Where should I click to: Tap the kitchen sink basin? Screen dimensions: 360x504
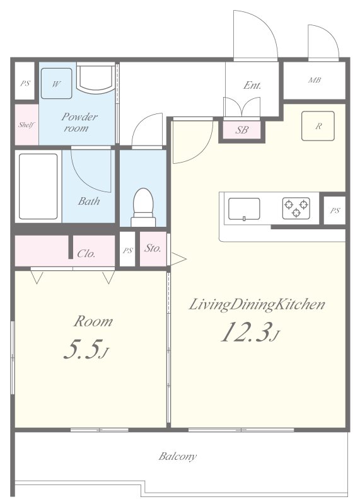point(244,209)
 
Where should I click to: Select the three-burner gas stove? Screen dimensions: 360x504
point(296,209)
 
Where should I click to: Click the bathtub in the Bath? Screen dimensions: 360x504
point(38,186)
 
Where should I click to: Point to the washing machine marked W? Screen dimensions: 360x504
point(56,84)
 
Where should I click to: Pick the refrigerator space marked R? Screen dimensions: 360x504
point(318,126)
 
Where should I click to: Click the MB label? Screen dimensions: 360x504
point(315,80)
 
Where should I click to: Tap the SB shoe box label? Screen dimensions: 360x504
point(241,130)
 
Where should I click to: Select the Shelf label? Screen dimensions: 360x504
point(26,125)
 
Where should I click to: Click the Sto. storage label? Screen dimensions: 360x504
point(153,248)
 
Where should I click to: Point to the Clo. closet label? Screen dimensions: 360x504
point(86,254)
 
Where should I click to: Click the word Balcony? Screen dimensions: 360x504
point(177,456)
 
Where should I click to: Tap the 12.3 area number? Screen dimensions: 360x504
point(245,332)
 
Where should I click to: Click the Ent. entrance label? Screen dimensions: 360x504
point(252,85)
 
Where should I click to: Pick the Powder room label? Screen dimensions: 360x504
point(79,122)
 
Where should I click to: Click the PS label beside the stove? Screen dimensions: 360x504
point(335,211)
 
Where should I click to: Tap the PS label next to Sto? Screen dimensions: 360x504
point(128,251)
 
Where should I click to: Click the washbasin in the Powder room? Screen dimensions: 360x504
point(96,78)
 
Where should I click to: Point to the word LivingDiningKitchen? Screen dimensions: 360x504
point(257,305)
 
